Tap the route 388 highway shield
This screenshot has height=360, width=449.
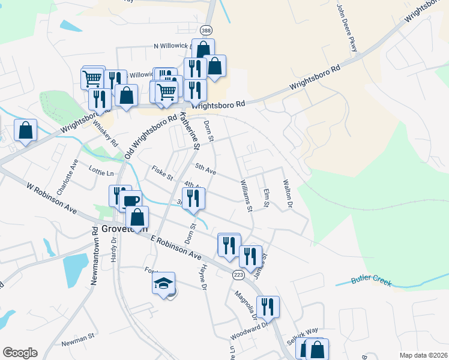tap(206, 30)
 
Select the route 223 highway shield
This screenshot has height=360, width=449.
tap(238, 274)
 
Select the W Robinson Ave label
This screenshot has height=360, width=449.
tap(52, 199)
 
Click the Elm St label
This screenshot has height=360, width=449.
tap(266, 199)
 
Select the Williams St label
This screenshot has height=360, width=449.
tap(246, 195)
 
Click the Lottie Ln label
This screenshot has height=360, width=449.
tap(101, 173)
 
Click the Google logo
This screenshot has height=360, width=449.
tap(20, 353)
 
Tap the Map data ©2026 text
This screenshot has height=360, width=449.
tap(423, 355)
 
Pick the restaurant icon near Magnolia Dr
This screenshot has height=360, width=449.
tap(268, 307)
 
